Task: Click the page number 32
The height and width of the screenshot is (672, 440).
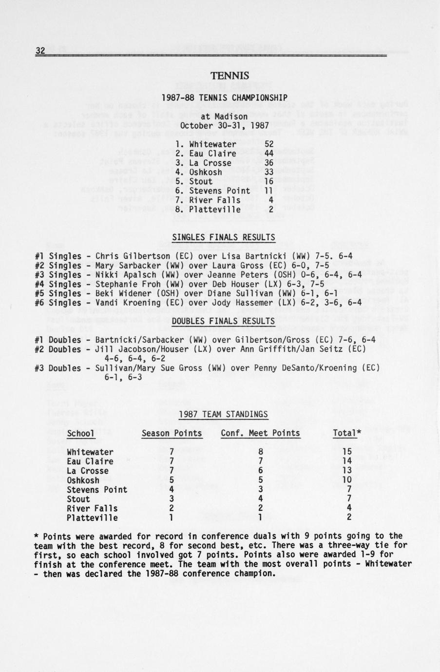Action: pos(40,50)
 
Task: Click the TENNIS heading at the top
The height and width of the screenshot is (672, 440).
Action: pos(230,76)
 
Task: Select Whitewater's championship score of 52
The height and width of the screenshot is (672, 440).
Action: pos(269,144)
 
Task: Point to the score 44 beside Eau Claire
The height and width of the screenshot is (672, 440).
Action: pos(269,154)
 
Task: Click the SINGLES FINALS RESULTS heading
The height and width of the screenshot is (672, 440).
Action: pos(224,237)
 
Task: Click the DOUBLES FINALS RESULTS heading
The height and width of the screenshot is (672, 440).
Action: pos(224,321)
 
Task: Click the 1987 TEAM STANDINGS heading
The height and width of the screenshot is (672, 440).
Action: pos(223,414)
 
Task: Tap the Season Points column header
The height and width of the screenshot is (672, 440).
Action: pos(172,433)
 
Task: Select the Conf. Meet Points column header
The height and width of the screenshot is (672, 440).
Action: pos(260,433)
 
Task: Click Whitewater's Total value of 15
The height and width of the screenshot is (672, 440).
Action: pos(347,452)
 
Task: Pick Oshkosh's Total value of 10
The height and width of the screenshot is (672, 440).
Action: pos(347,480)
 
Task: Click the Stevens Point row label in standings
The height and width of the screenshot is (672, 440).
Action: pos(97,490)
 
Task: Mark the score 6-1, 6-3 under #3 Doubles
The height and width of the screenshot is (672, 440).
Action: pos(123,377)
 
